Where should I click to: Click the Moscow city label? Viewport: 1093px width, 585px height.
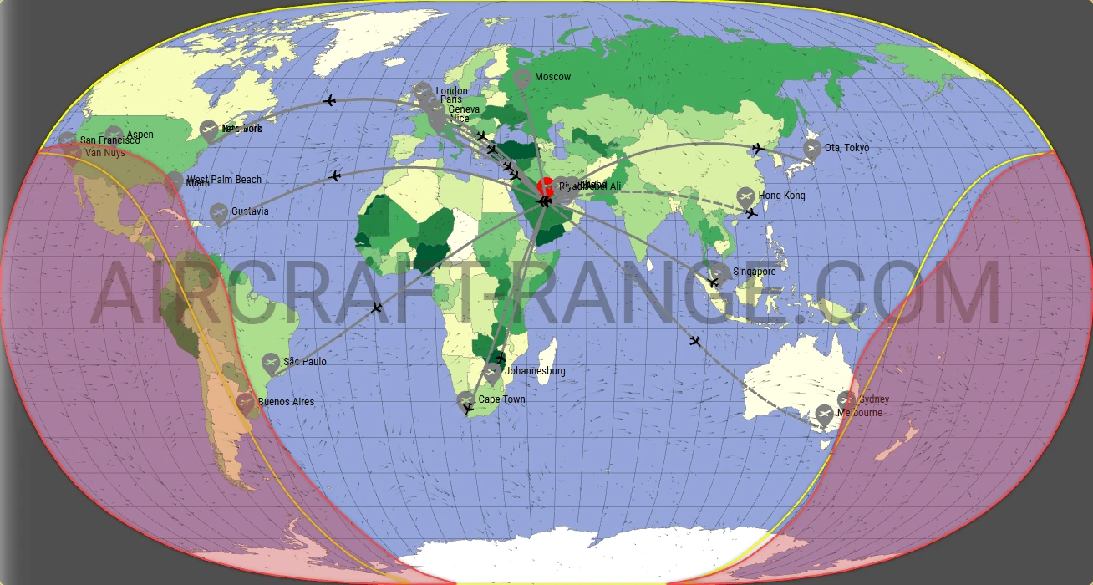(552, 77)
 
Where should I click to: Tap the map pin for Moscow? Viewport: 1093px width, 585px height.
(522, 79)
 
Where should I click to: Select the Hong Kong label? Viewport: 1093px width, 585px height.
(781, 196)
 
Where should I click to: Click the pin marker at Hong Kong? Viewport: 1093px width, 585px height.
(746, 197)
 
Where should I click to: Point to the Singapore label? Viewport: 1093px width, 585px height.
(754, 272)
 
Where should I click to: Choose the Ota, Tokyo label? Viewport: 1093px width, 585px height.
(846, 148)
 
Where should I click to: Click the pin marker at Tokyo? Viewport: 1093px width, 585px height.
(811, 149)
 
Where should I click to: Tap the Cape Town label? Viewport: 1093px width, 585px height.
(501, 399)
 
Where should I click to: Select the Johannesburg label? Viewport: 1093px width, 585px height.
(536, 371)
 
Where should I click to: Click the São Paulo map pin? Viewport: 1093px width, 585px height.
(270, 364)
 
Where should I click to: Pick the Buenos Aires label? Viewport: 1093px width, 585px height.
(286, 402)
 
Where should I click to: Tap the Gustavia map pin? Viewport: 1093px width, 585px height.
(219, 213)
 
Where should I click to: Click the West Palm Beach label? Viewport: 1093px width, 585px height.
(223, 180)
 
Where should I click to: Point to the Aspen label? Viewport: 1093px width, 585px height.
(140, 135)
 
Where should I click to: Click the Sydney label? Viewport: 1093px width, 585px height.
(874, 400)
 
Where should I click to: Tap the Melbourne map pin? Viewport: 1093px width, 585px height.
(825, 414)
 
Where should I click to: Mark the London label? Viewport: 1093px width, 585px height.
(451, 91)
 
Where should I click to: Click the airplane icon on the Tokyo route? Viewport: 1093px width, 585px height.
(758, 149)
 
